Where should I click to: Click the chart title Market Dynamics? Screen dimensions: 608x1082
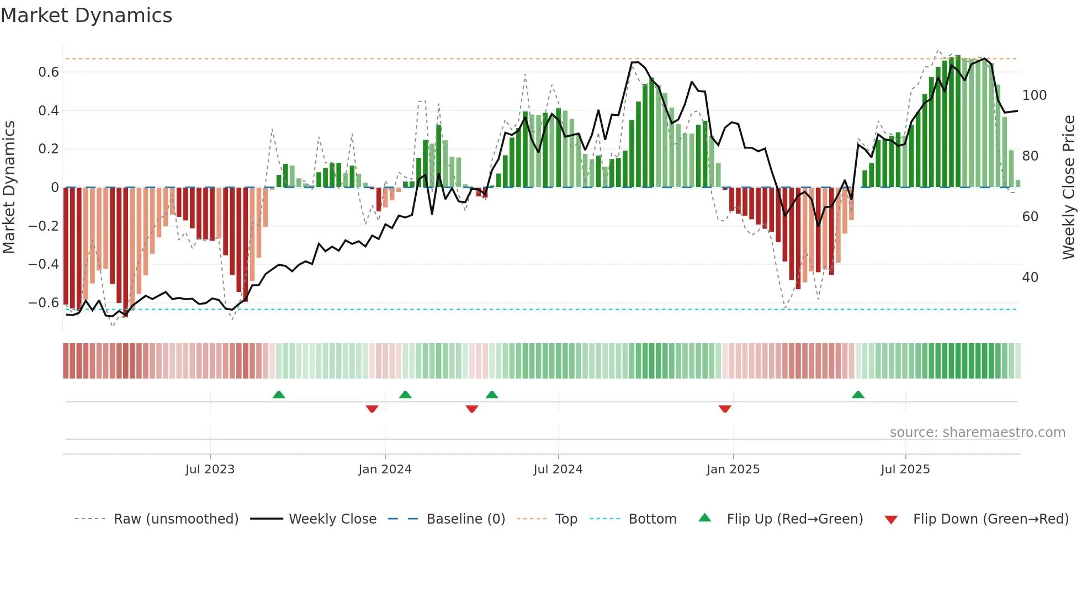86,15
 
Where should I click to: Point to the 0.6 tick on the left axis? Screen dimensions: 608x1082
48,72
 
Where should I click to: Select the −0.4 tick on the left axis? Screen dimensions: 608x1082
43,264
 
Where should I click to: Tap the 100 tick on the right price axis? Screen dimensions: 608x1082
1034,95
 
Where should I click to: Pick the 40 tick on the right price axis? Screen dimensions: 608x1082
1030,278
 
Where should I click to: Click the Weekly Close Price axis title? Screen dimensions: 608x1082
1069,188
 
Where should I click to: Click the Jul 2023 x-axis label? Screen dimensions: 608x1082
210,470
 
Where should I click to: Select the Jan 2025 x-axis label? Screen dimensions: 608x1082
733,470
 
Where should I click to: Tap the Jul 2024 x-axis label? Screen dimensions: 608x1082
558,470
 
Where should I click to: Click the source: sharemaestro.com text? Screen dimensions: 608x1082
977,433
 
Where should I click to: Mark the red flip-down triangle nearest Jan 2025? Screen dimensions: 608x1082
725,409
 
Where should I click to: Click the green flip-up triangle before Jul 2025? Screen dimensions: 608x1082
858,394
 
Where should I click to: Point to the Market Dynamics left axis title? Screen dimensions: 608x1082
9,188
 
